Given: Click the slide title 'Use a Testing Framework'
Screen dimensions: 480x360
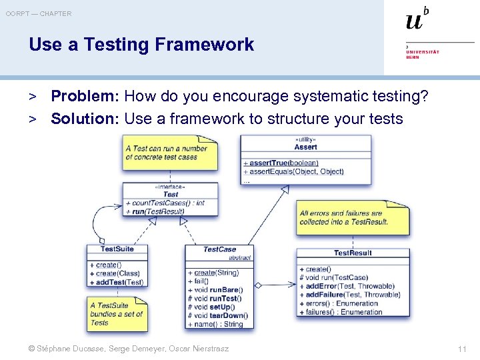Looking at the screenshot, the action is coord(141,45).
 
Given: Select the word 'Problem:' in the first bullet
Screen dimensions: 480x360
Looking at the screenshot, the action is coord(84,97).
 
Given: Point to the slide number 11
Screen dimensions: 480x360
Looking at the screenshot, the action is coord(462,349).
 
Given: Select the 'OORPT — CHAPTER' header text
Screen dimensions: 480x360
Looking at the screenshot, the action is coord(39,13).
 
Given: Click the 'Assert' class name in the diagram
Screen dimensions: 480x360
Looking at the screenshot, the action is coord(305,147).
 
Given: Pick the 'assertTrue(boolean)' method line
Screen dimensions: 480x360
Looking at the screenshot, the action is coord(284,163).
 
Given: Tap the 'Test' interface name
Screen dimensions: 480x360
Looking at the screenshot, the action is coord(171,194).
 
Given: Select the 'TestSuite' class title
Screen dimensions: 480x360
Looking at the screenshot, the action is coord(117,249).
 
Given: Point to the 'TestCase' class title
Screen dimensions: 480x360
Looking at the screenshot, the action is coord(219,249).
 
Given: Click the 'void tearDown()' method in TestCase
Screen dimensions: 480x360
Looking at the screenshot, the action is coord(220,316).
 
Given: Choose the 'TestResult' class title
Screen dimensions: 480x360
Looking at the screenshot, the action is coord(353,253).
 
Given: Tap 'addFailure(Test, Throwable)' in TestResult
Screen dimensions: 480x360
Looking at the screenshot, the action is coord(352,295).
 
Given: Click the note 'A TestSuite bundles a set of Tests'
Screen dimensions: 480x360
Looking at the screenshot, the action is coord(115,314).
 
